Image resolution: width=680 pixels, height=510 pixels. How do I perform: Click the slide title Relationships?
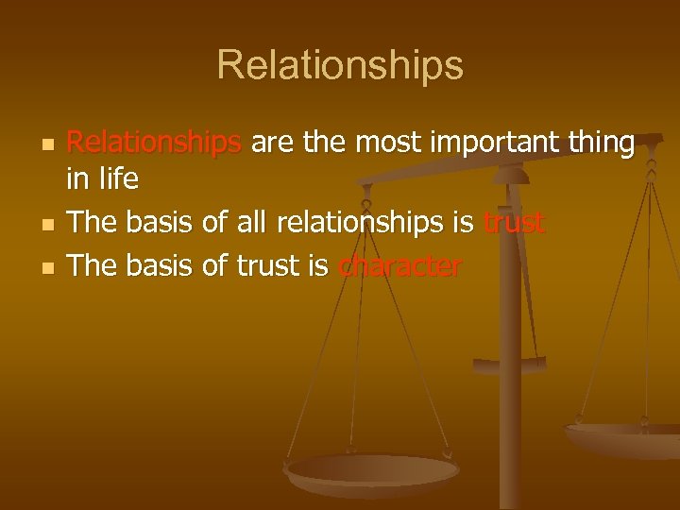tap(340, 65)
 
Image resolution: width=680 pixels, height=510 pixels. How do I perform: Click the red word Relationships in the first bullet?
tap(156, 143)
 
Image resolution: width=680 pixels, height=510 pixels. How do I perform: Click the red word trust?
tap(514, 224)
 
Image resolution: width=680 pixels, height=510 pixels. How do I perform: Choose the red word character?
tap(399, 266)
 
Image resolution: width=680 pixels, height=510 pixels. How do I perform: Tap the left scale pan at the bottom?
tap(371, 471)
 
